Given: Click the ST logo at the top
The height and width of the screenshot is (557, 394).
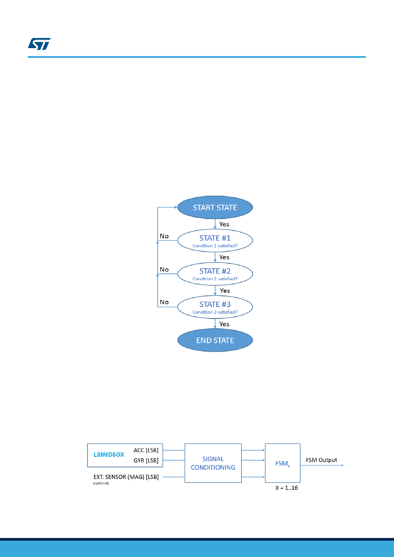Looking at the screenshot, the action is point(39,44).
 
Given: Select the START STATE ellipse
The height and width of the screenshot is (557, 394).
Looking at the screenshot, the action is point(215,207).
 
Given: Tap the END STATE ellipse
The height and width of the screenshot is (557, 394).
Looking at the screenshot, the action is point(215,340).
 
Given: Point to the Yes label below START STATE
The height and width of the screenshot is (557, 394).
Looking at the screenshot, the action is point(224,224).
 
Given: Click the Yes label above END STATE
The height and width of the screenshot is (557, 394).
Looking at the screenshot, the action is point(224,324).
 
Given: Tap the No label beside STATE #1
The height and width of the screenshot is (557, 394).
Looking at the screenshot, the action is point(164,236).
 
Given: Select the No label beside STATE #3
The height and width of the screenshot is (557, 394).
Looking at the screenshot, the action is point(164,302).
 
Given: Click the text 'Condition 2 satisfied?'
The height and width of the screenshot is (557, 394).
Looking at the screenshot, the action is point(215,279).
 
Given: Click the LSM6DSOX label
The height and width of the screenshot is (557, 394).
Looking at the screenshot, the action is point(109,455).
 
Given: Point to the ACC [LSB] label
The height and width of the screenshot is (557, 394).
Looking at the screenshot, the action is point(146,450).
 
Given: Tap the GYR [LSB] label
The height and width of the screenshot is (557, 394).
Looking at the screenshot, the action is point(146,460).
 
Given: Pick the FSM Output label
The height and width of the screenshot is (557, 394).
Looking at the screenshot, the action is point(322,460).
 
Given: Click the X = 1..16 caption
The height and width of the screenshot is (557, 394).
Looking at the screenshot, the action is point(287,488).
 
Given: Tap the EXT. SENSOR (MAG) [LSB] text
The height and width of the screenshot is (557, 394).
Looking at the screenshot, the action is point(126,477).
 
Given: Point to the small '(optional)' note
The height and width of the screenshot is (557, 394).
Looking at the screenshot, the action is point(101,483).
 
